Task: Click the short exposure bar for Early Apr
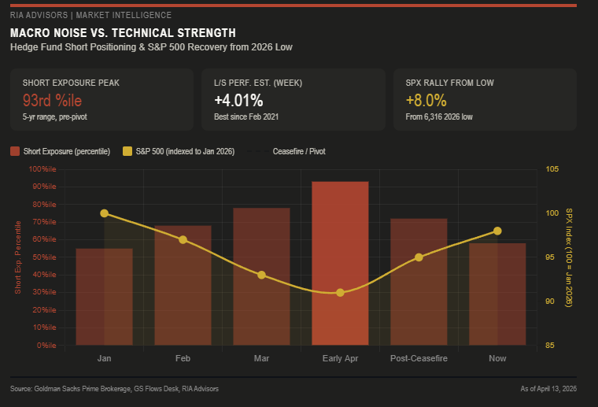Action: point(340,263)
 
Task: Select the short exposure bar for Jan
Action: point(104,297)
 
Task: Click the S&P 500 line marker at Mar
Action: point(261,275)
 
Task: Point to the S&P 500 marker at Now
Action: point(497,231)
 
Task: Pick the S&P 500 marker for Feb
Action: point(183,239)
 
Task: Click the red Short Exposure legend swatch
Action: point(16,151)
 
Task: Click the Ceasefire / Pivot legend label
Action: point(298,151)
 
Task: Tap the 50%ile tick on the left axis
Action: point(45,257)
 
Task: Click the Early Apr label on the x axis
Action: point(340,358)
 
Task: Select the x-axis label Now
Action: point(497,358)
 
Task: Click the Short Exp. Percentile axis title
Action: point(18,257)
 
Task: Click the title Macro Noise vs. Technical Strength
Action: point(122,33)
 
